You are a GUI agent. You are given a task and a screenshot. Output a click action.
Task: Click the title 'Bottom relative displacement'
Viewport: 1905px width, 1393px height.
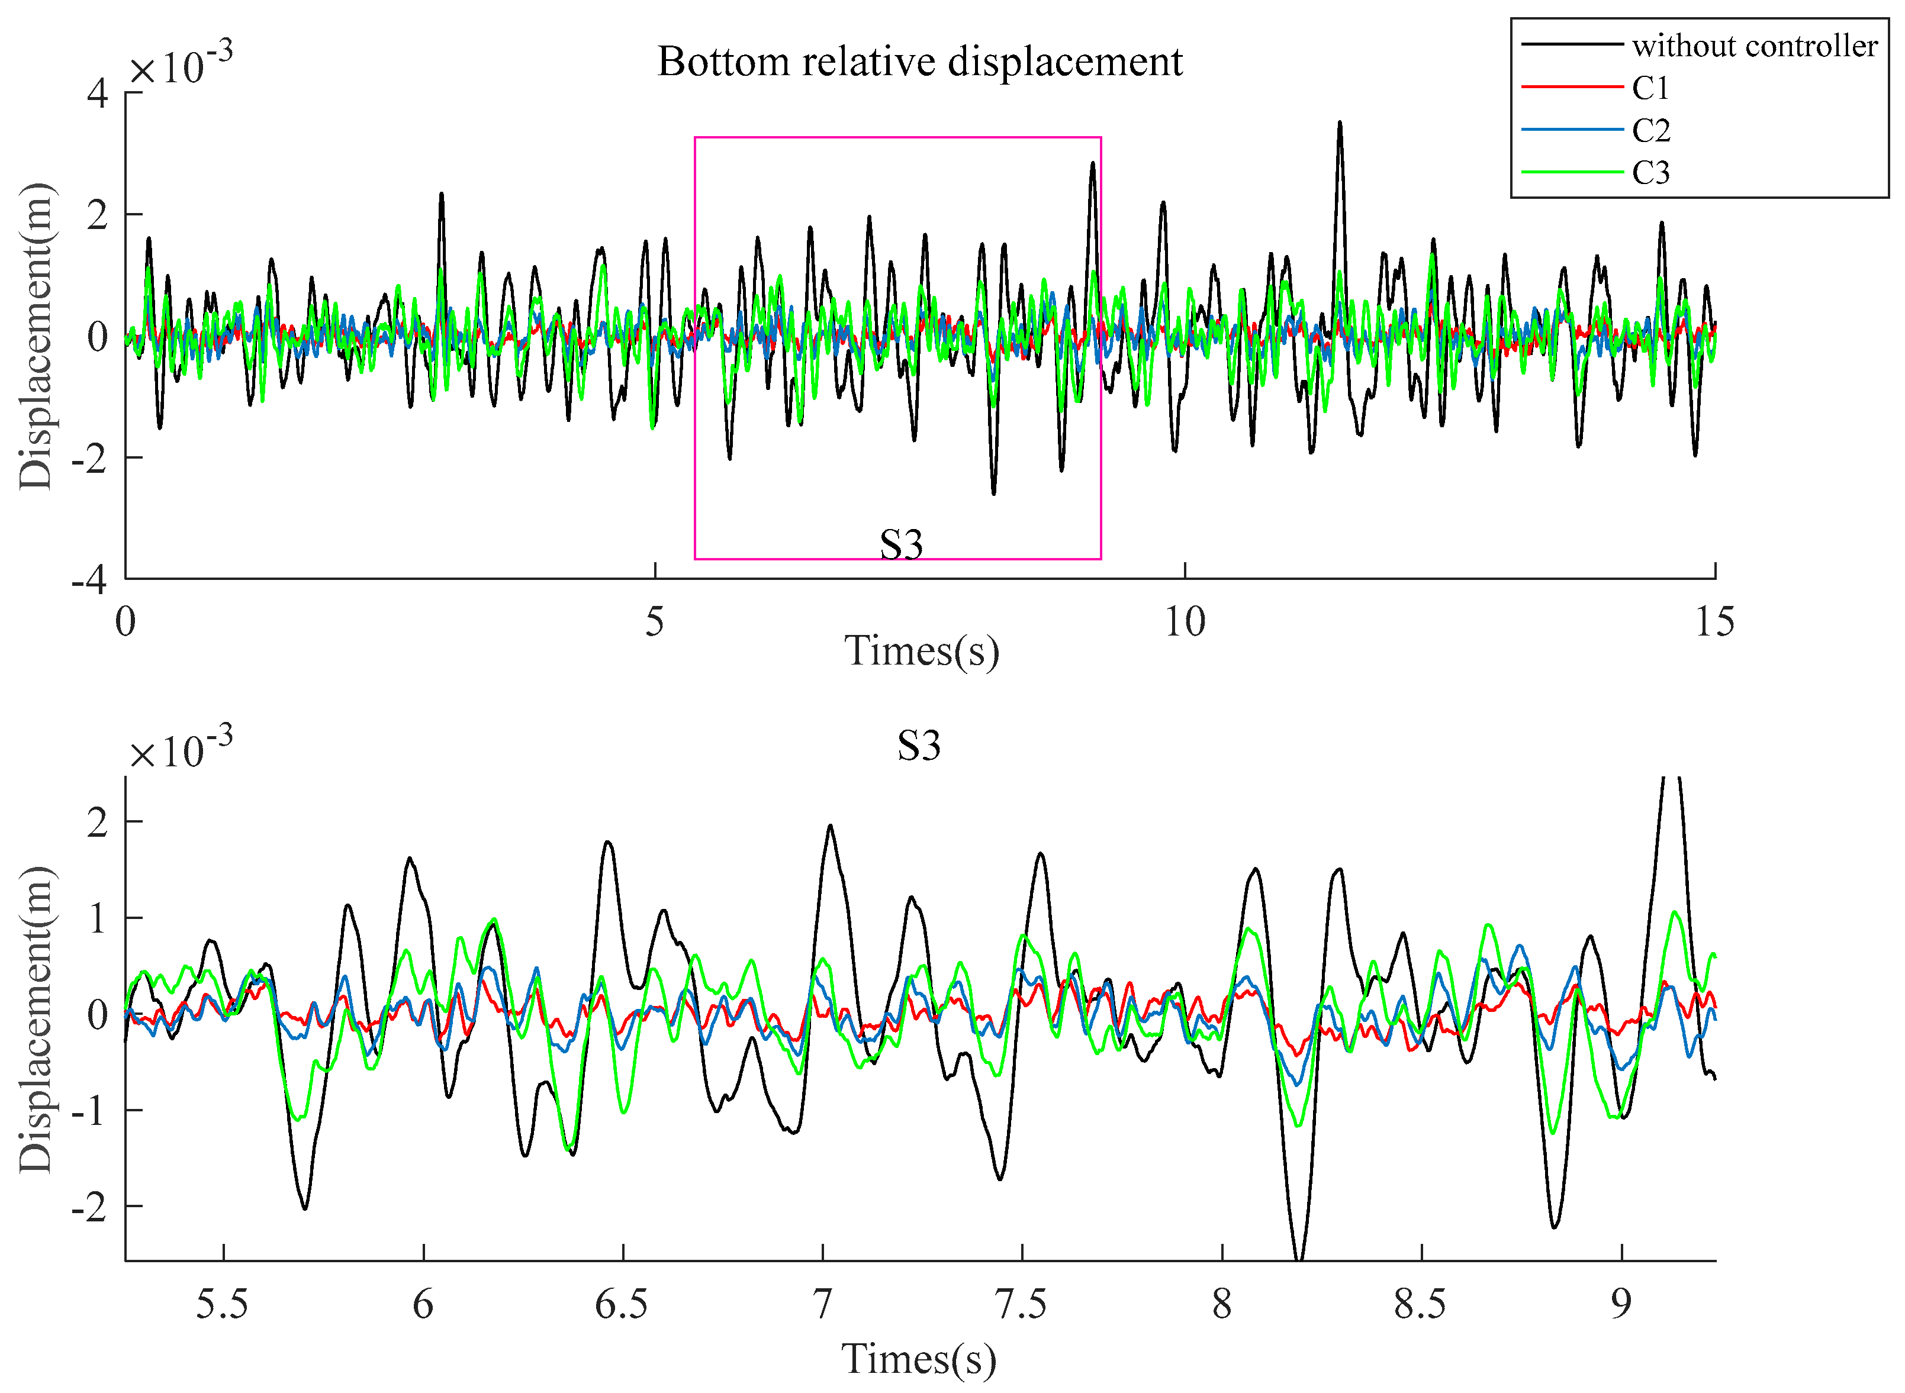click(919, 62)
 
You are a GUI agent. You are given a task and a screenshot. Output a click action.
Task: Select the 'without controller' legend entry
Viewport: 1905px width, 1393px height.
click(1754, 46)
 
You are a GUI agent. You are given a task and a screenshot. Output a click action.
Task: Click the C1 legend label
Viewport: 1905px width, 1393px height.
click(1650, 88)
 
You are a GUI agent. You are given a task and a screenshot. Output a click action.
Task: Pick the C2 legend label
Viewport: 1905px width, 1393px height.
click(1650, 131)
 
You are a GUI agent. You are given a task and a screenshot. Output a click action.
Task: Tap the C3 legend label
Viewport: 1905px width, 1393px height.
click(1650, 173)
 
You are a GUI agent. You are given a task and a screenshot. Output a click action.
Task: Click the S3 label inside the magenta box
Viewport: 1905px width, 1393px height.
click(900, 545)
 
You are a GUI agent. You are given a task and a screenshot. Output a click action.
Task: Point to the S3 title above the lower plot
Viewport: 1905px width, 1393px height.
click(918, 746)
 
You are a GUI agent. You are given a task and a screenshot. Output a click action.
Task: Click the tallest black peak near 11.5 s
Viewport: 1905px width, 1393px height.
click(1339, 124)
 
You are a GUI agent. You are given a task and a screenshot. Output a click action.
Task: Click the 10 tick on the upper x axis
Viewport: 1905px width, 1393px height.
click(1184, 623)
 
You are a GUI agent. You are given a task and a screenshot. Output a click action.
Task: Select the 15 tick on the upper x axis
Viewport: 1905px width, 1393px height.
click(1714, 623)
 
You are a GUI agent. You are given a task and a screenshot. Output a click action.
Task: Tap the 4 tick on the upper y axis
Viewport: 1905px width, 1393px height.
click(98, 93)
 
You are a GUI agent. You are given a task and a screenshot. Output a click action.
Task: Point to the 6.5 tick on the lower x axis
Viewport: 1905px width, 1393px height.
click(622, 1304)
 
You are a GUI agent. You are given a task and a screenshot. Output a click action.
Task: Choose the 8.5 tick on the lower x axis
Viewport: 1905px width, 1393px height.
click(1420, 1304)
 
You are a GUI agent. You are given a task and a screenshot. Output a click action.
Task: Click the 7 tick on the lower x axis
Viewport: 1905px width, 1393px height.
click(822, 1304)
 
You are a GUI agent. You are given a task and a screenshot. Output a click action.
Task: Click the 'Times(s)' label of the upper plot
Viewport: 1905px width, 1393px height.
click(921, 651)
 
